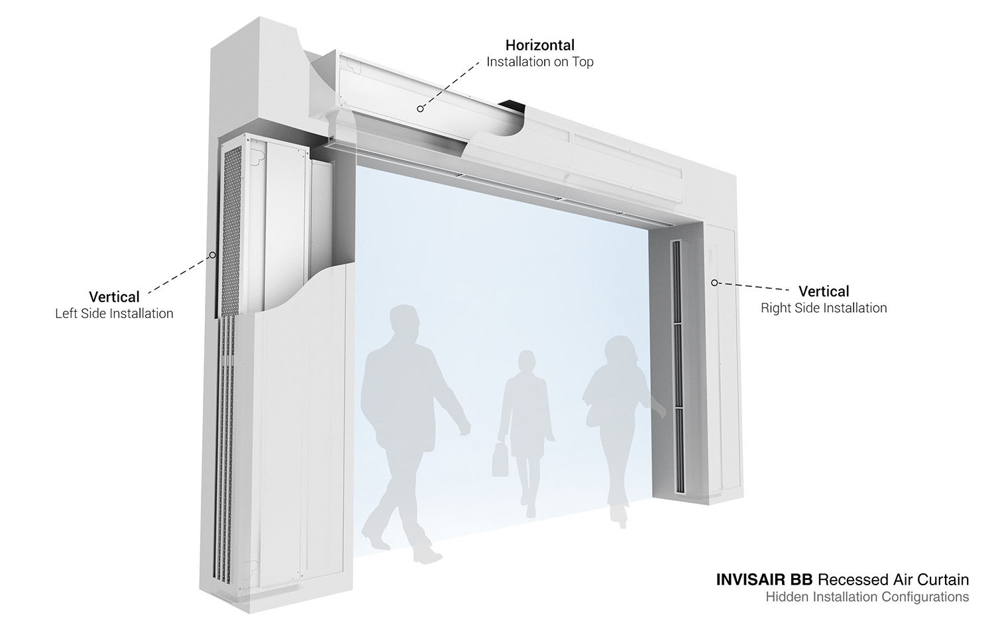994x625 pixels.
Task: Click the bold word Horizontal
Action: pyautogui.click(x=539, y=45)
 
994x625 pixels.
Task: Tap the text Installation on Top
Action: pyautogui.click(x=539, y=62)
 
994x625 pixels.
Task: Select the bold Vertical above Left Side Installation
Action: pyautogui.click(x=114, y=296)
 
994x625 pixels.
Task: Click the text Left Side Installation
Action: pyautogui.click(x=114, y=313)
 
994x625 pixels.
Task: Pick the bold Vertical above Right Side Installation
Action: pyautogui.click(x=824, y=291)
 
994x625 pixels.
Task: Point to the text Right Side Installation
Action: pyautogui.click(x=824, y=308)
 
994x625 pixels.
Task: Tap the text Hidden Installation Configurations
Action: pyautogui.click(x=867, y=597)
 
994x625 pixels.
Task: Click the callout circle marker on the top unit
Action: pyautogui.click(x=419, y=109)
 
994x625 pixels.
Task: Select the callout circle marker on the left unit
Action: pyautogui.click(x=213, y=255)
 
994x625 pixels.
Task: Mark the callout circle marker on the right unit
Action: pyautogui.click(x=714, y=283)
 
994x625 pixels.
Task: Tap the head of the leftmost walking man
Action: pyautogui.click(x=404, y=321)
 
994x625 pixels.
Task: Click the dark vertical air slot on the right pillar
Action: pyautogui.click(x=677, y=367)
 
